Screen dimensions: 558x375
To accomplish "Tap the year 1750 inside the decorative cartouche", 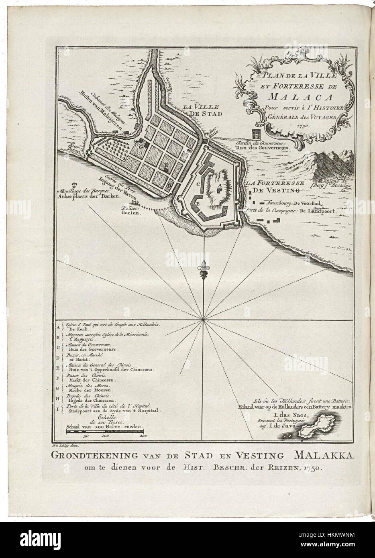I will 304,125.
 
